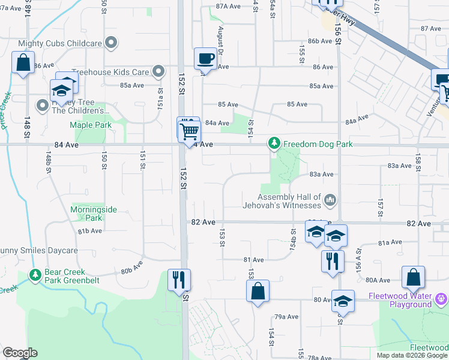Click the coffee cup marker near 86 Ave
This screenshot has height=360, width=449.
pos(205,59)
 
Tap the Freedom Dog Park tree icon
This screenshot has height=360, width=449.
pos(274,143)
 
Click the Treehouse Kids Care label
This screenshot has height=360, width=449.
pos(110,72)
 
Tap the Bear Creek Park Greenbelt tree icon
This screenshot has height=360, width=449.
pos(35,275)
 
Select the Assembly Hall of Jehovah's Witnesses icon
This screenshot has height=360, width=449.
pos(330,199)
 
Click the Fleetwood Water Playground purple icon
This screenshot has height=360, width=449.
pos(441,297)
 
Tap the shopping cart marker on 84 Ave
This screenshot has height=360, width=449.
pos(190,130)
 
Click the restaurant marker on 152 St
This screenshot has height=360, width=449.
pos(179,280)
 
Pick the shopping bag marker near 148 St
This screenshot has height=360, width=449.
pos(23,63)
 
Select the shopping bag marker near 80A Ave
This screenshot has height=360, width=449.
pos(414,277)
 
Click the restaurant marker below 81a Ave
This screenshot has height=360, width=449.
pos(330,261)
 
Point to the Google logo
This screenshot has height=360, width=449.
pos(20,353)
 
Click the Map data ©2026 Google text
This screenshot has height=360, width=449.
pos(412,355)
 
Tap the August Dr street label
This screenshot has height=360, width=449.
pos(221,41)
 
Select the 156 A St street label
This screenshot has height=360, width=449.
pos(359,259)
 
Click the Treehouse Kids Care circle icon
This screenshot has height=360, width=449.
pos(158,72)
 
